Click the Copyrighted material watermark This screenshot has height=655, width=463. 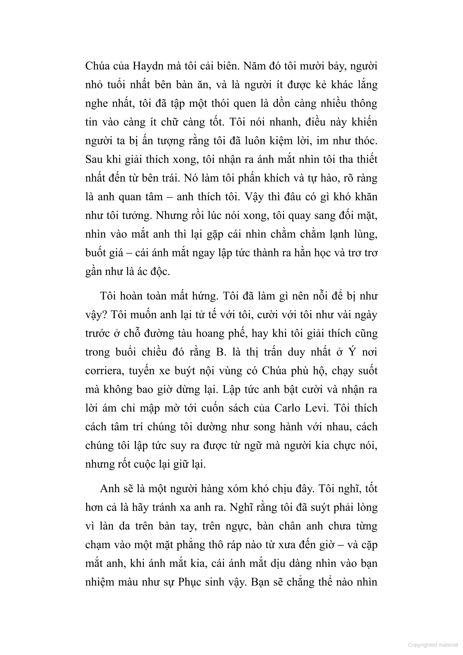tap(432, 645)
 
